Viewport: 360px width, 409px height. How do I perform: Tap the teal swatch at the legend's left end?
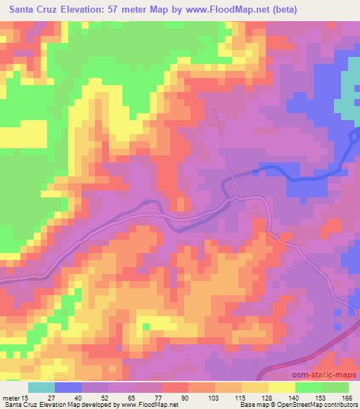(x=41, y=387)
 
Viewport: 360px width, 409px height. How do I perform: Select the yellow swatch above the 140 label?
(x=282, y=387)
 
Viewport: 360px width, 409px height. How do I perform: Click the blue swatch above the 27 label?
(x=68, y=387)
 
